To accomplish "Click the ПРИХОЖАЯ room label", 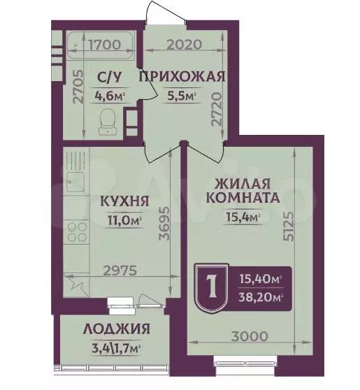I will coord(181,76).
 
